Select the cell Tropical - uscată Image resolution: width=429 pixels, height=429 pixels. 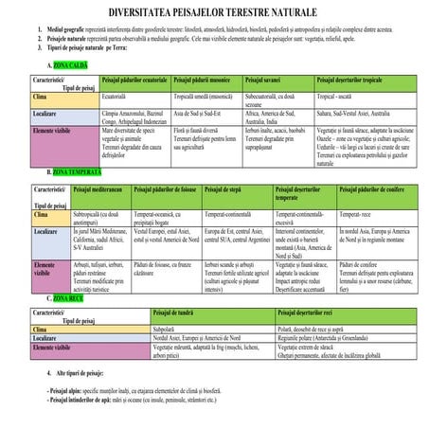tap(339, 97)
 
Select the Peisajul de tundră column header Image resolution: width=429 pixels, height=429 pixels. tap(173, 312)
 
